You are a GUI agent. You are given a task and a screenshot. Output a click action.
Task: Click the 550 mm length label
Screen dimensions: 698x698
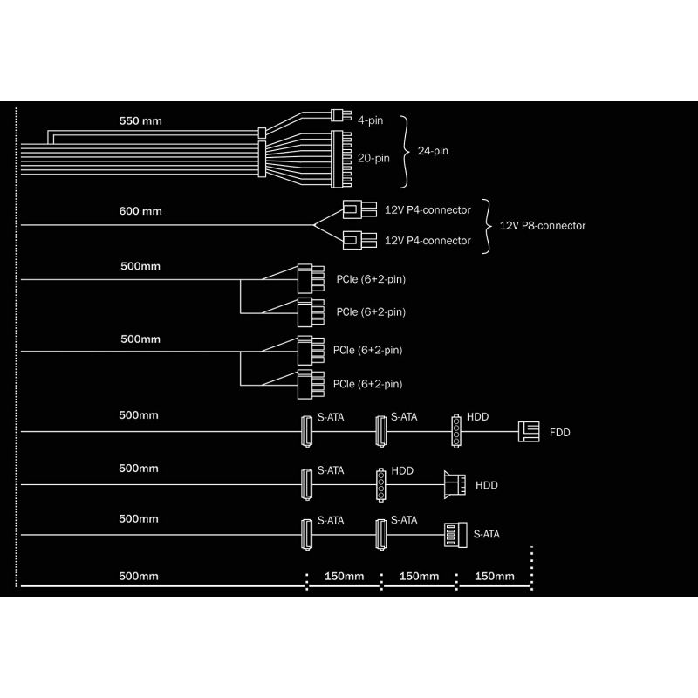pos(140,120)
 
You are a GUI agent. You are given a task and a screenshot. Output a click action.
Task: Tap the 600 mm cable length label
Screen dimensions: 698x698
pos(140,211)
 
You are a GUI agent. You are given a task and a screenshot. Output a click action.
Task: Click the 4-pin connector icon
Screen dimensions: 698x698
pos(341,115)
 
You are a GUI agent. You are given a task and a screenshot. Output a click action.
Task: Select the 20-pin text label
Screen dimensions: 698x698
pos(373,158)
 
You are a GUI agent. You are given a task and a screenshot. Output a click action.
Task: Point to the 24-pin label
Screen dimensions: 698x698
pos(433,151)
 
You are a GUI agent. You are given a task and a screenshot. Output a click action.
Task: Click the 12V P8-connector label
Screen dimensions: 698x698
pos(542,226)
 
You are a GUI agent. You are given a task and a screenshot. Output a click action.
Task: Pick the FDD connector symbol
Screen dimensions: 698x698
pos(529,432)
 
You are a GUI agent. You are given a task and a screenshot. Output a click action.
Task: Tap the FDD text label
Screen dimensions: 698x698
pos(559,433)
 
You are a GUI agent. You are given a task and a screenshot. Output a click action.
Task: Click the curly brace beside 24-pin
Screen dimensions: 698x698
pos(404,152)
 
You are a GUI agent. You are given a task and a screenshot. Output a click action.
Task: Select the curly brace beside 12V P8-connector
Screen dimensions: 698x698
pos(487,226)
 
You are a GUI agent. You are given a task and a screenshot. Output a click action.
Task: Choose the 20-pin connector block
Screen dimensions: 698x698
pos(341,159)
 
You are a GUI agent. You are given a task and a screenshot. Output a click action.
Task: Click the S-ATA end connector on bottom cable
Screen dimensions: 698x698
pos(455,534)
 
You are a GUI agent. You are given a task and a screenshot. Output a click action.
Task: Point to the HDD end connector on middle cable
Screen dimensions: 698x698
pos(455,485)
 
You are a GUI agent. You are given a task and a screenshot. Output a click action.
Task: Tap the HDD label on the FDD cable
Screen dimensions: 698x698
pos(477,417)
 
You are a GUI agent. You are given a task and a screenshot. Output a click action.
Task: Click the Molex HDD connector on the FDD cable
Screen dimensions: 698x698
pos(455,430)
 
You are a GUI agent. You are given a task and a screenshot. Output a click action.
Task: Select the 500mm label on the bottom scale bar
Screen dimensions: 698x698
pos(139,576)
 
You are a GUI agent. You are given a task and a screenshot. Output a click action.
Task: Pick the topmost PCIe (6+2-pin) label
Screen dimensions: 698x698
pos(371,279)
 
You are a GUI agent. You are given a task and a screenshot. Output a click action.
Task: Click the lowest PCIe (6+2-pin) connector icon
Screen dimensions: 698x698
pos(311,384)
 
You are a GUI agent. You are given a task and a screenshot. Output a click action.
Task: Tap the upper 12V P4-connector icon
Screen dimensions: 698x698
pos(359,209)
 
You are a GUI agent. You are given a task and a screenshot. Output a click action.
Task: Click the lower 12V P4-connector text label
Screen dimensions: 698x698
pos(428,241)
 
